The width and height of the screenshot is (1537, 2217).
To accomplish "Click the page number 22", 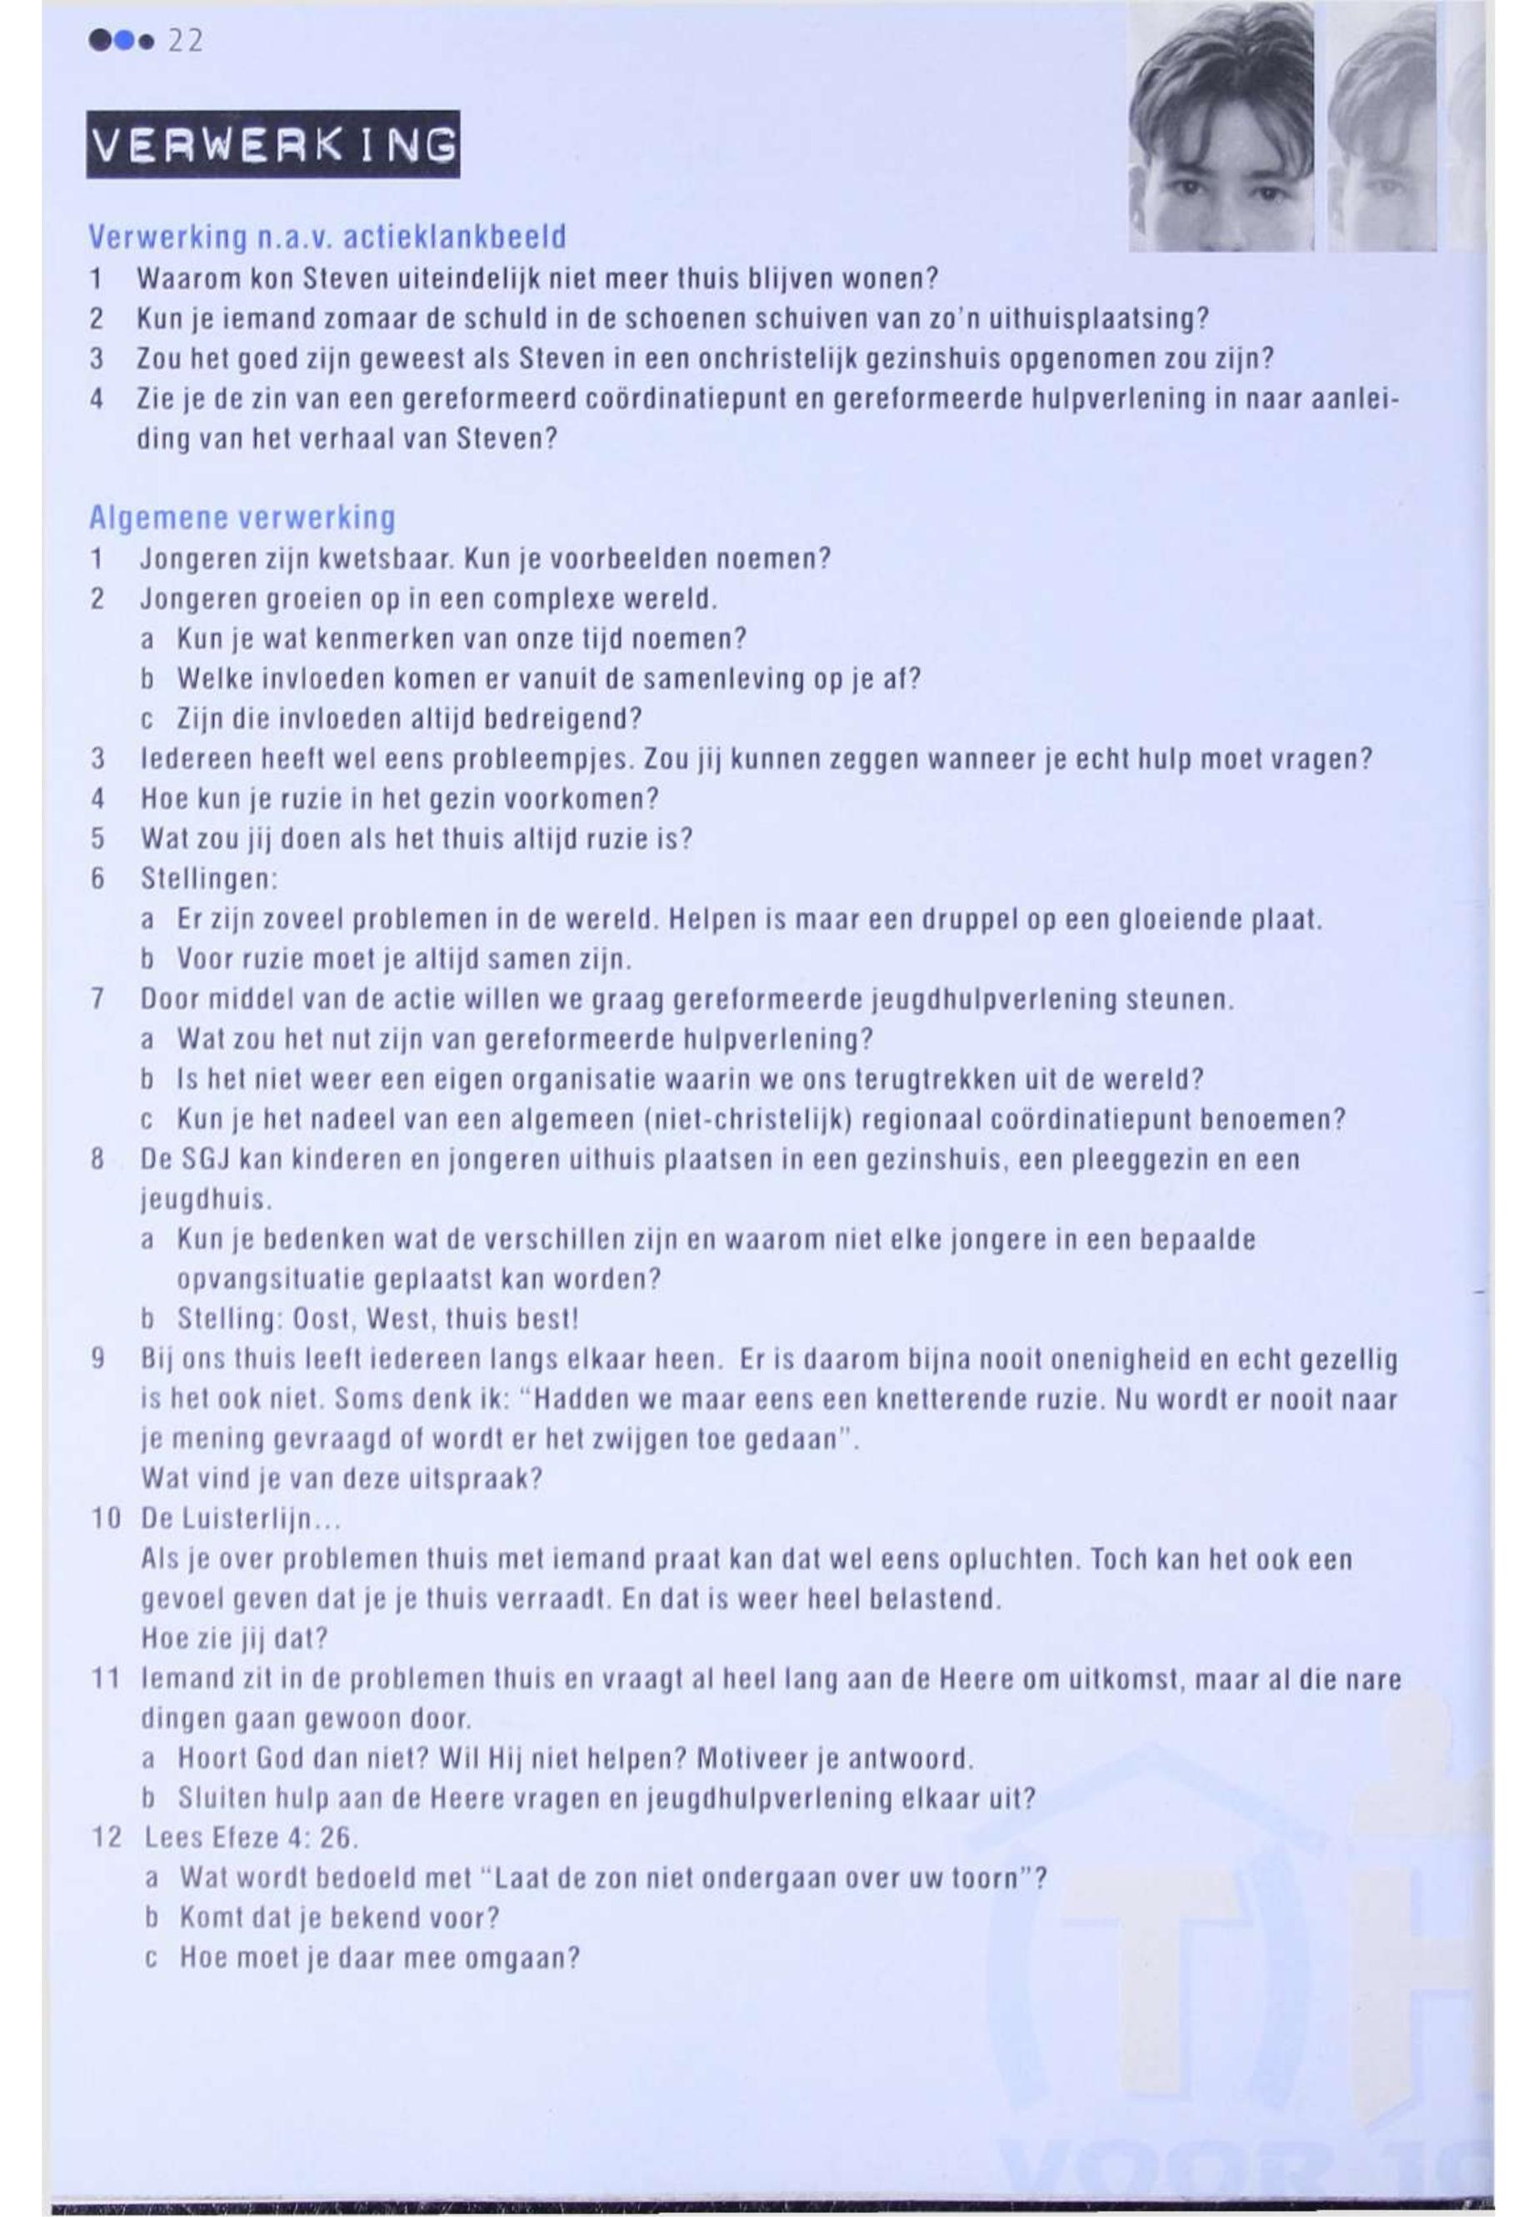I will [x=185, y=43].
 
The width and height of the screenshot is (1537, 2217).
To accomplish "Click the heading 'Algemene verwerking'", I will [x=242, y=518].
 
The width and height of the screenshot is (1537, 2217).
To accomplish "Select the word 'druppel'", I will [x=966, y=919].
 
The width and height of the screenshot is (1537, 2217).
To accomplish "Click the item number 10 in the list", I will [x=104, y=1519].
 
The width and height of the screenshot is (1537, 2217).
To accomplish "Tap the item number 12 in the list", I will [x=106, y=1839].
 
